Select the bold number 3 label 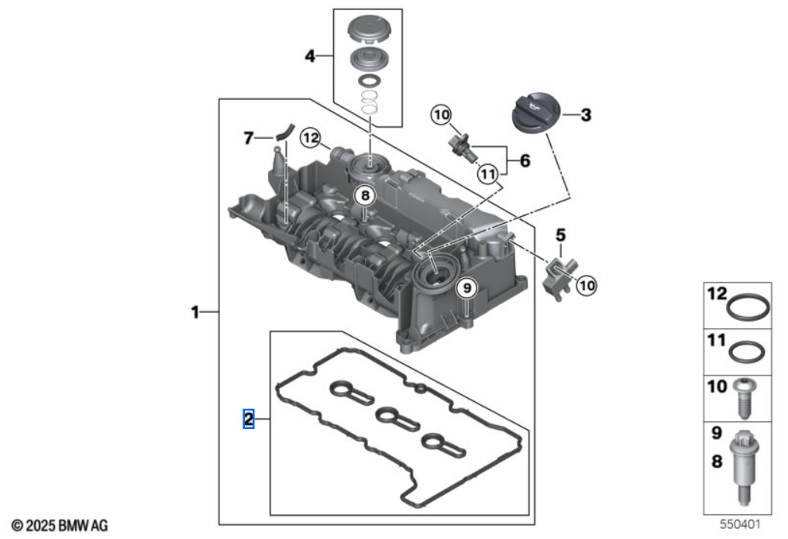pos(586,115)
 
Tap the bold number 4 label pos(310,56)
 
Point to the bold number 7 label pos(248,139)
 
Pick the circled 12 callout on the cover pos(311,138)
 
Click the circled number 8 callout pos(364,197)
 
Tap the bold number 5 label pos(561,232)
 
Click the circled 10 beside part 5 pos(587,285)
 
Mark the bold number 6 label pos(525,161)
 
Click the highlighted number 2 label pos(249,419)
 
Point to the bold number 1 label pos(195,312)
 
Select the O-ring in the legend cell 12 pos(748,307)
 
